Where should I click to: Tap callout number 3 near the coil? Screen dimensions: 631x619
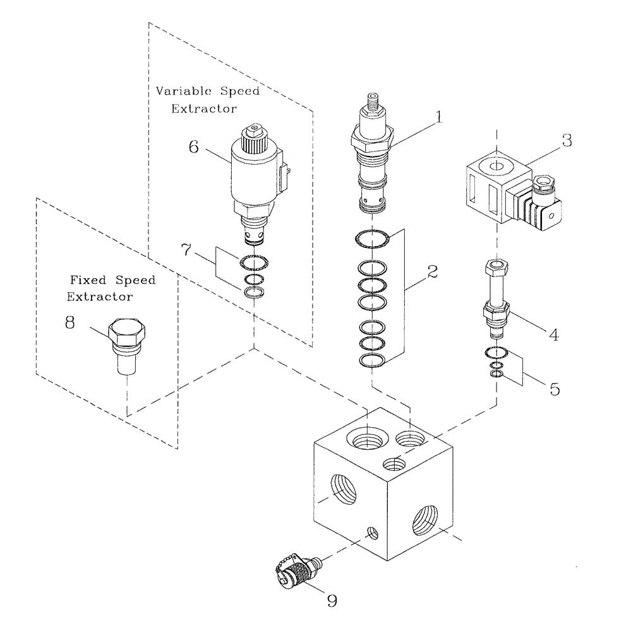(x=567, y=140)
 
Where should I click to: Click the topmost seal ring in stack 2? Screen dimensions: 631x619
(x=373, y=240)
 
